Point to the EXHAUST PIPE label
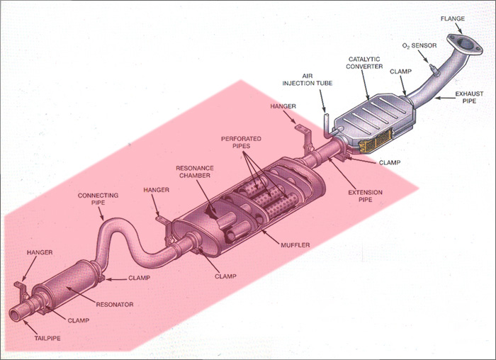click(470, 97)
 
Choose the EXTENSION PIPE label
click(365, 196)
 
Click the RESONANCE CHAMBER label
click(195, 172)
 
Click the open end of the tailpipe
click(16, 312)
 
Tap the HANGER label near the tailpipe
click(40, 252)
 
